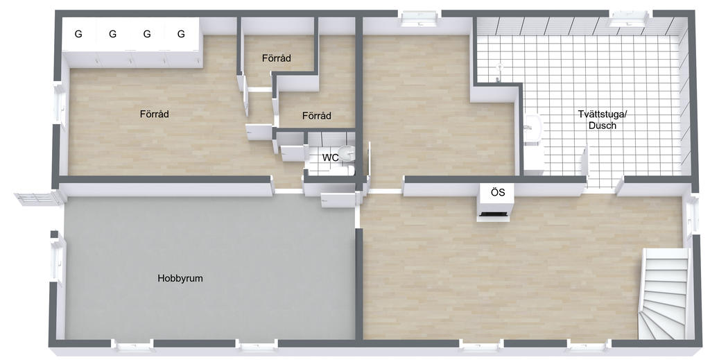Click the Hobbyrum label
click(180, 278)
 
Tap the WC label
click(330, 158)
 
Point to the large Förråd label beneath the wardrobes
click(155, 114)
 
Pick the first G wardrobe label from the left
click(78, 34)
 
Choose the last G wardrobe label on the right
click(181, 34)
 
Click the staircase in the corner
click(664, 293)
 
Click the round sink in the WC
click(347, 153)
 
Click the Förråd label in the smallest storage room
click(276, 58)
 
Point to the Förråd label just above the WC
click(316, 116)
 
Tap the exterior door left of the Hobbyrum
click(39, 198)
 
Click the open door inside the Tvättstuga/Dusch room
click(585, 161)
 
